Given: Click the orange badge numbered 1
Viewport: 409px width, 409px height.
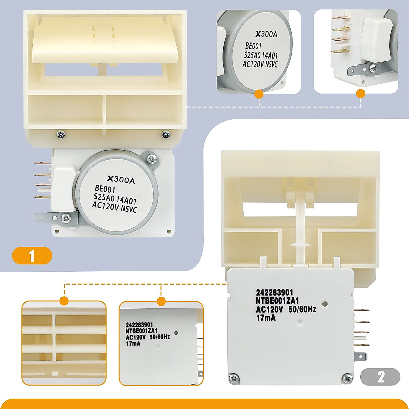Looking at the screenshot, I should pos(32,256).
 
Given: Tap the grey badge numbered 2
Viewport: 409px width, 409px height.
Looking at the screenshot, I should pos(380,377).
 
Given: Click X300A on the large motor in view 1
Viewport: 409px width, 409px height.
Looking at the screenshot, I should pos(121,180).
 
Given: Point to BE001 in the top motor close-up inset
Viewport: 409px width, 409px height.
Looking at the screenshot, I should pos(254,46).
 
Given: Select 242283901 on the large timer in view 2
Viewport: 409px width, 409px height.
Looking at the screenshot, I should pos(274,293).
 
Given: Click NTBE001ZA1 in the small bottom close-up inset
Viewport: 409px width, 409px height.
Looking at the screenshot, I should pos(141,331).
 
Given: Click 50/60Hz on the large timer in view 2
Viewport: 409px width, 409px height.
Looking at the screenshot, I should pos(302,309).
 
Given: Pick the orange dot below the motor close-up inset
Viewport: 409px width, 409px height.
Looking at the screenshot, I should pos(259,94).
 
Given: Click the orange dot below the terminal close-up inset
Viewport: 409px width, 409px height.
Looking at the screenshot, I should pos(361,94).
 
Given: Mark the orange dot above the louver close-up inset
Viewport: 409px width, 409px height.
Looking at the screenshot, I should pos(64,301).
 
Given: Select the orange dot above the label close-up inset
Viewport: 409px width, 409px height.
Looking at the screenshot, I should pos(161,301).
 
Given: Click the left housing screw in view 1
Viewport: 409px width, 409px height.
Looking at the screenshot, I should pos(60,135).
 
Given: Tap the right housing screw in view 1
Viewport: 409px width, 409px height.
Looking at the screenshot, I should pos(166,135).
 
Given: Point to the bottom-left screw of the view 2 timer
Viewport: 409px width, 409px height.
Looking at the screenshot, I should pos(234,378).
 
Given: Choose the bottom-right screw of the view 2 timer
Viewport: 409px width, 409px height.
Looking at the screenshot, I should pos(347,378).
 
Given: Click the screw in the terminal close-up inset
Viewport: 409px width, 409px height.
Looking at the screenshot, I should pos(373,68).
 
